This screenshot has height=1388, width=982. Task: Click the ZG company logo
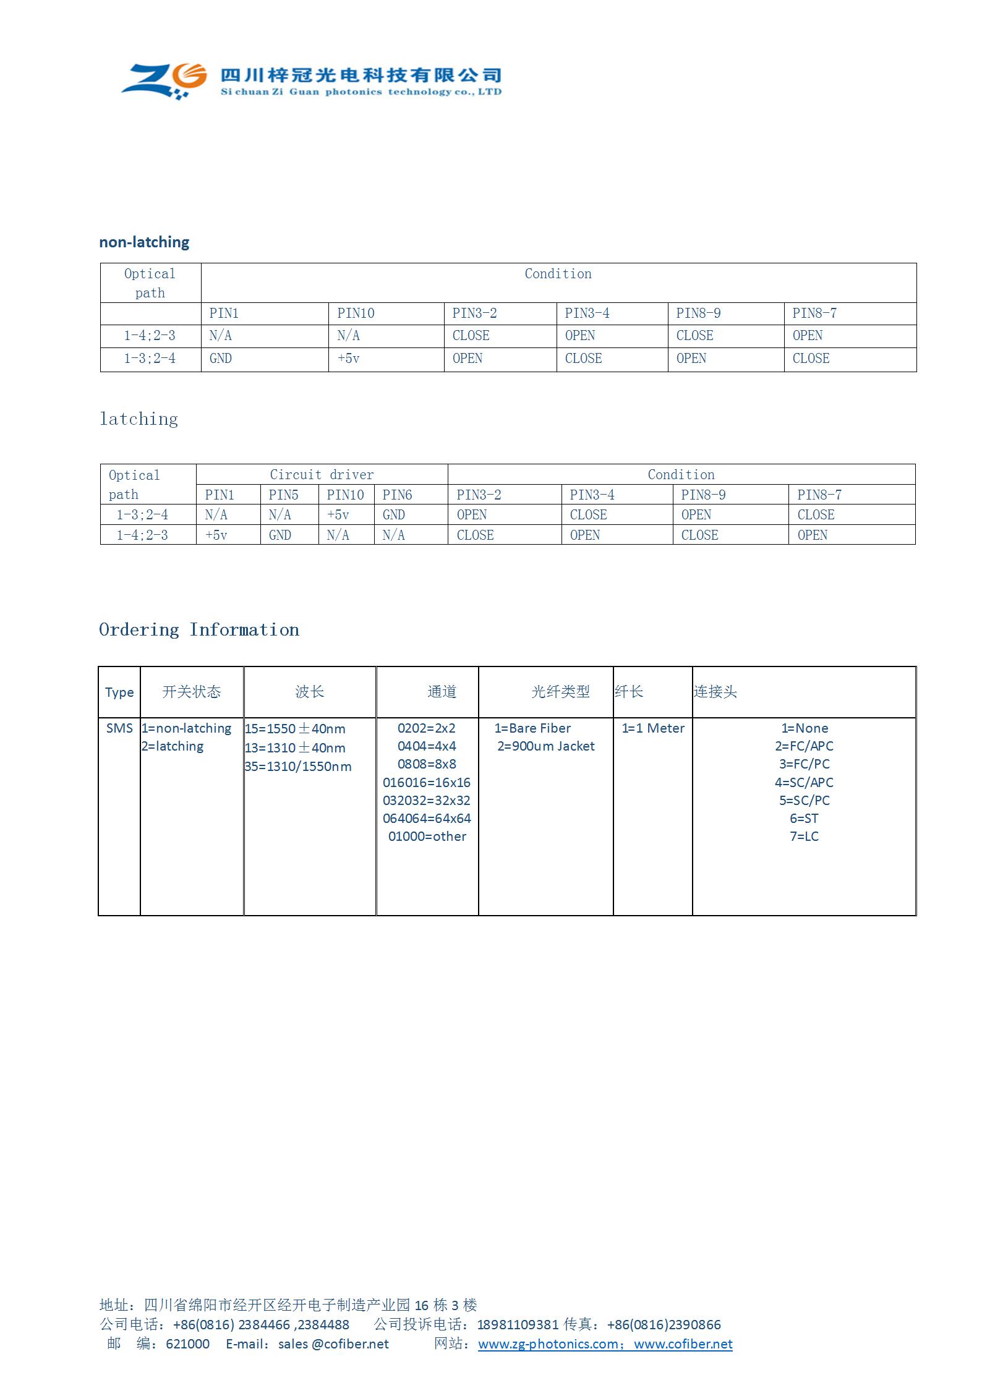tap(164, 80)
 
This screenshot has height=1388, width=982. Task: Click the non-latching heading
tap(144, 242)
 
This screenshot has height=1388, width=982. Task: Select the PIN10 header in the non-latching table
tap(356, 313)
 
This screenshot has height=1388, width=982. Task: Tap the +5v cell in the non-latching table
tap(348, 359)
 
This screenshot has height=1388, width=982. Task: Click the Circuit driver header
tap(322, 475)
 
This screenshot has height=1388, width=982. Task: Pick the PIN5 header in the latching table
tap(283, 495)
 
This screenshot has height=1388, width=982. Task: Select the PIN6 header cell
tap(397, 495)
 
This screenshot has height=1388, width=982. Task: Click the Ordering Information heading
tap(199, 630)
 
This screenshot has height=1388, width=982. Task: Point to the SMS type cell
tap(119, 728)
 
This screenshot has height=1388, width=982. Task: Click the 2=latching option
tap(173, 746)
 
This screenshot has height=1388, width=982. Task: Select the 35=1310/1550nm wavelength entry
tap(298, 767)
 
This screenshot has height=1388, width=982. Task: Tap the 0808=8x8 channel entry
tap(427, 764)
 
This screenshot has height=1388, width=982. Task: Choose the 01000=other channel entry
tap(427, 837)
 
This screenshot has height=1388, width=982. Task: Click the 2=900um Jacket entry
tap(546, 746)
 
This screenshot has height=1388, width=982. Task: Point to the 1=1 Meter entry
tap(653, 728)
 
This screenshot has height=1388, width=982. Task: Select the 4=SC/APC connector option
tap(804, 783)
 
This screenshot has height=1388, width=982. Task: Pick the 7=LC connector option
tap(804, 837)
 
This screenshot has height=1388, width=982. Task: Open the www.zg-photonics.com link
tap(548, 1344)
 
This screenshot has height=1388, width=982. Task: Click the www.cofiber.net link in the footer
tap(683, 1344)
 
